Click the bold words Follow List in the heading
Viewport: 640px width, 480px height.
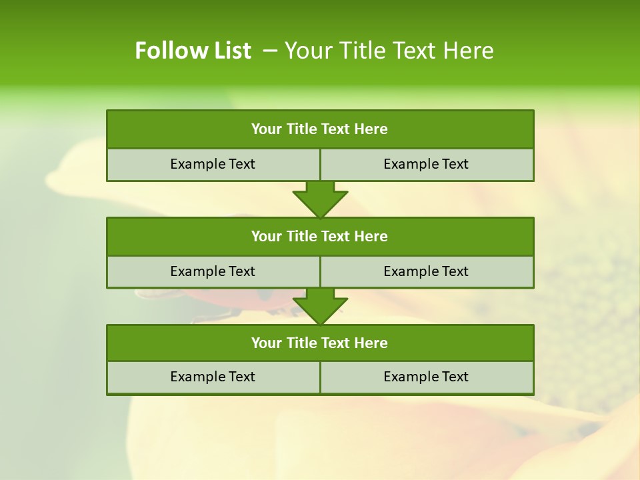[x=193, y=51]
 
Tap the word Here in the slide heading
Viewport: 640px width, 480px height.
[x=467, y=51]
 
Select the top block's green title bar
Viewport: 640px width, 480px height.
[x=320, y=129]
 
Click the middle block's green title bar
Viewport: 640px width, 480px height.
[x=320, y=236]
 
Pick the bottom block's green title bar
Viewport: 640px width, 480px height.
[x=320, y=343]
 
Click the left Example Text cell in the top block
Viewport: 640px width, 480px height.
[x=213, y=164]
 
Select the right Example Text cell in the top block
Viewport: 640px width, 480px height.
[x=426, y=164]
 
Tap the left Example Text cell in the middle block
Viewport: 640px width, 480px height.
[x=213, y=271]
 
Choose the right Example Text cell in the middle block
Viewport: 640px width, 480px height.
[x=426, y=271]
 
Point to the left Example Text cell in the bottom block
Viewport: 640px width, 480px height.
[x=213, y=377]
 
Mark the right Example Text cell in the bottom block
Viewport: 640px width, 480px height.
[x=426, y=377]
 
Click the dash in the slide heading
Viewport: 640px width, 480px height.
[x=270, y=51]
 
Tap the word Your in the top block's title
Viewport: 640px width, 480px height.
[x=267, y=129]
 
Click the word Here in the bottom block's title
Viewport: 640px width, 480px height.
[x=371, y=343]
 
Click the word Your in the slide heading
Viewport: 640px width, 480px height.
[x=305, y=51]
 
